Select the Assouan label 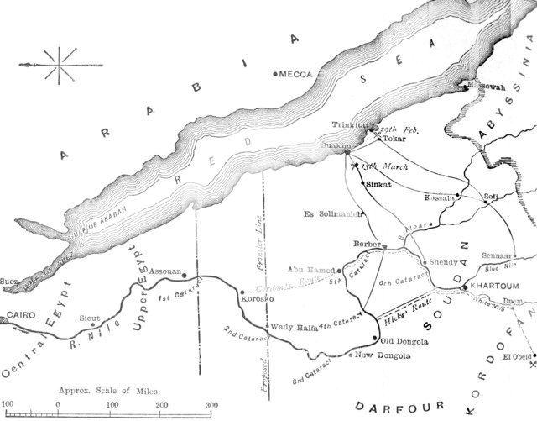coord(164,272)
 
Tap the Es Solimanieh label coord(332,214)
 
